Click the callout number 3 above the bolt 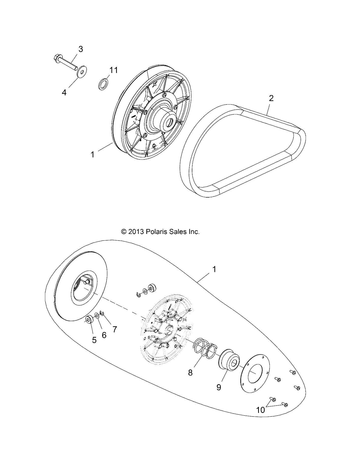81,49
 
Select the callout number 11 114,70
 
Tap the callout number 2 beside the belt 271,98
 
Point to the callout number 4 64,93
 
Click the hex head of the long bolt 57,60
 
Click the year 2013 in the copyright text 137,232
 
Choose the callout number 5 94,340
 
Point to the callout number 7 115,329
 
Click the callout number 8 190,373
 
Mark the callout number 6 104,335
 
